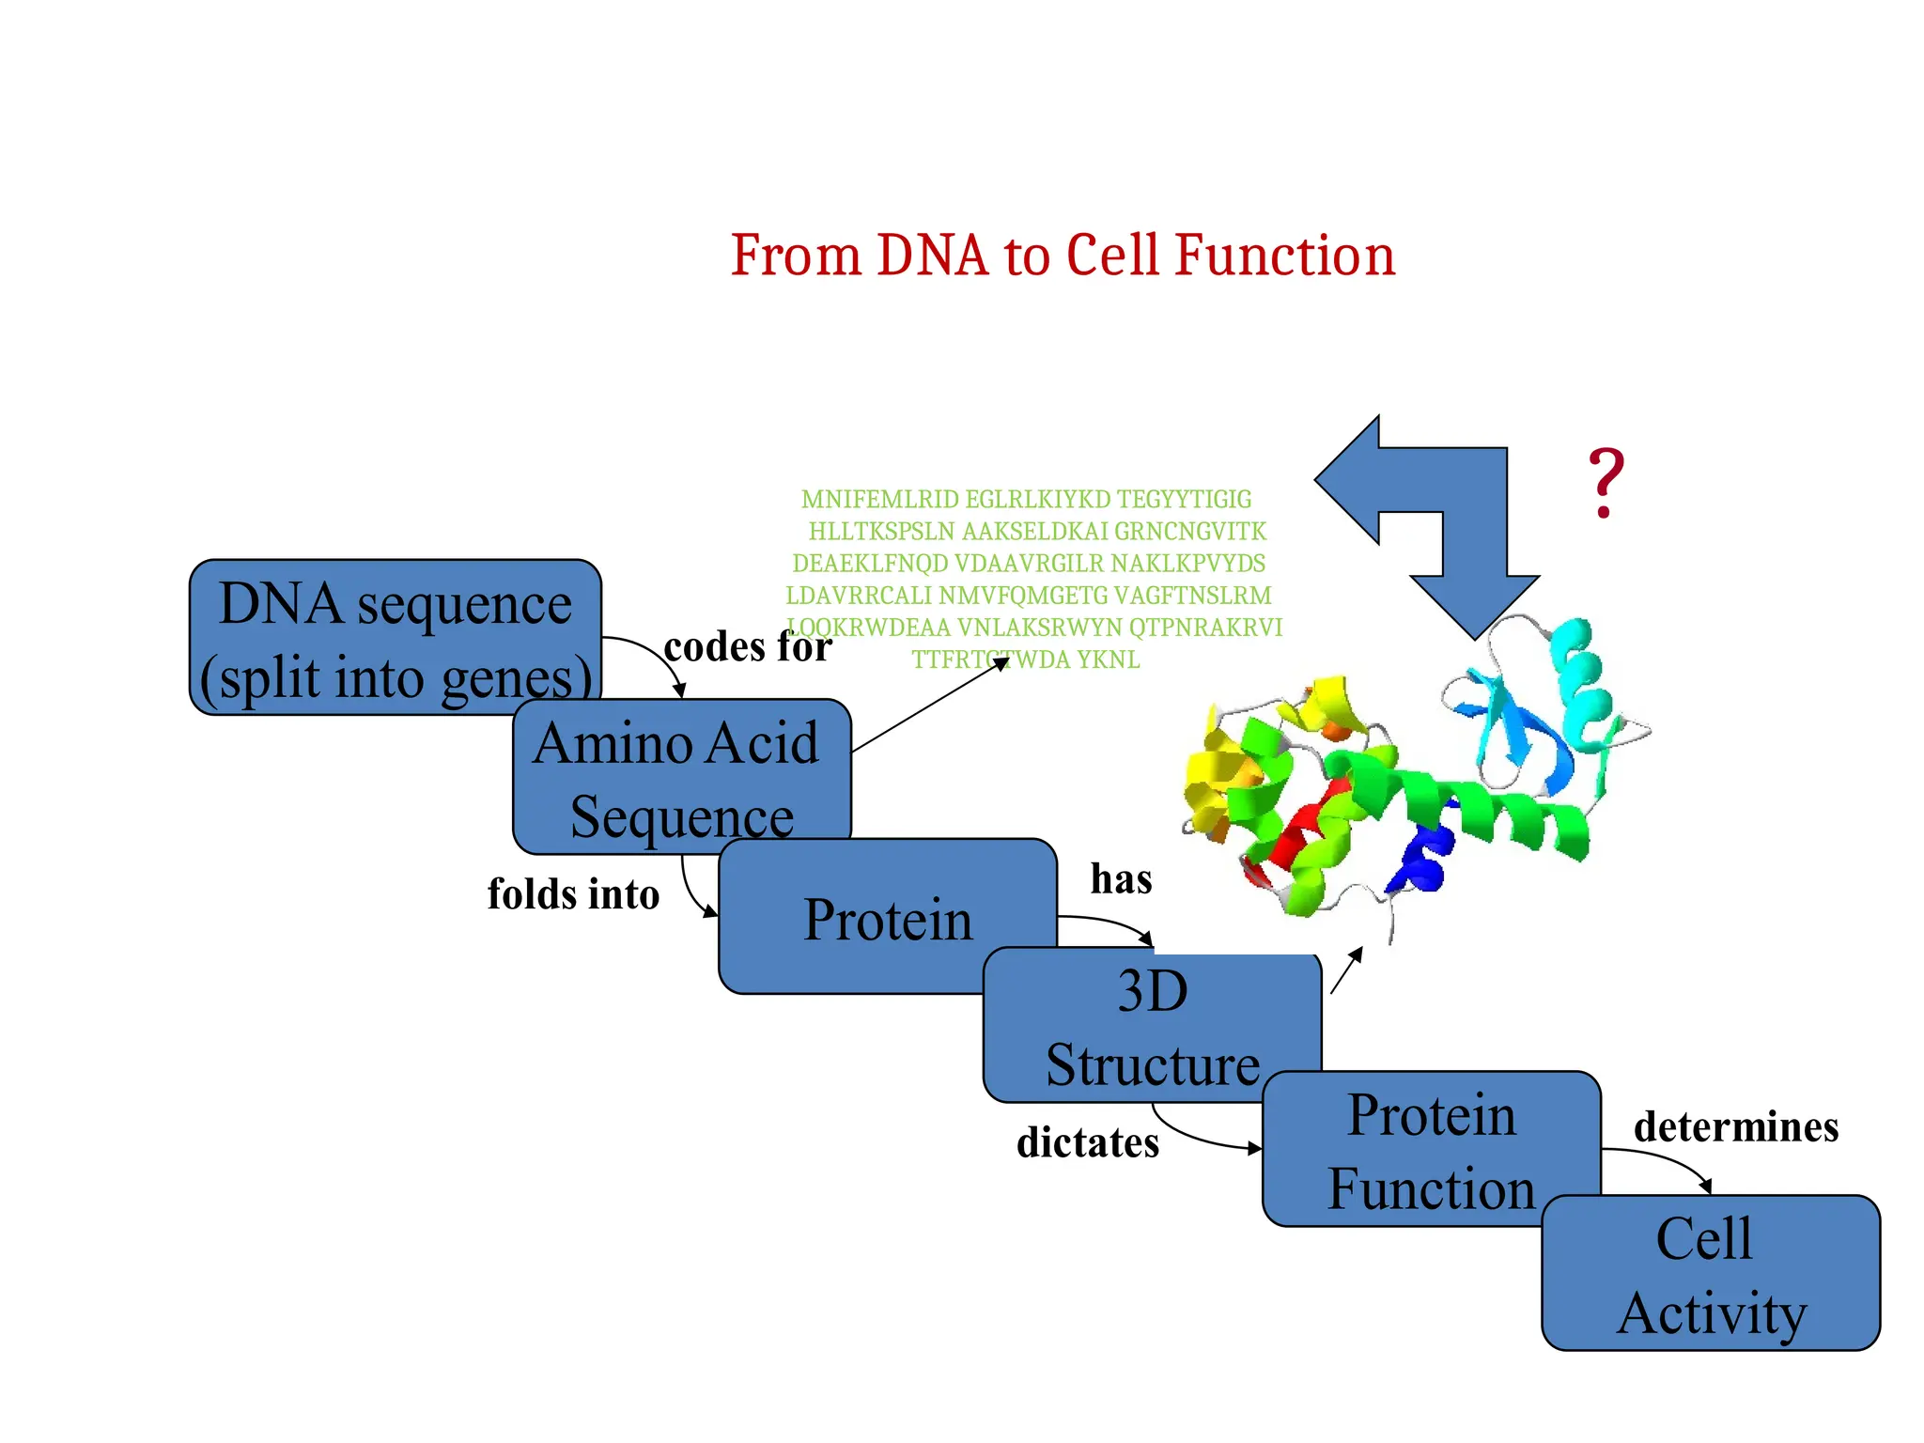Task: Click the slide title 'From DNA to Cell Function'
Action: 1063,256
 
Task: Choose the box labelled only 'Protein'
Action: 887,918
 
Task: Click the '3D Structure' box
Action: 1152,1026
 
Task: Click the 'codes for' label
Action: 747,646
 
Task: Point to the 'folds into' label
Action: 573,893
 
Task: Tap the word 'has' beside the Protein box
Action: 1121,879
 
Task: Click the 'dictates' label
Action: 1088,1142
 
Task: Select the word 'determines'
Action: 1736,1126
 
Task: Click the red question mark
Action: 1606,484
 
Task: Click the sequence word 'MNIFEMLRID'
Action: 879,499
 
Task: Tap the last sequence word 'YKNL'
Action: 1108,659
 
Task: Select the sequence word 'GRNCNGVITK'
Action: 1189,532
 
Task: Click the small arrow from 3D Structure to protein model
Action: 1346,970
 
